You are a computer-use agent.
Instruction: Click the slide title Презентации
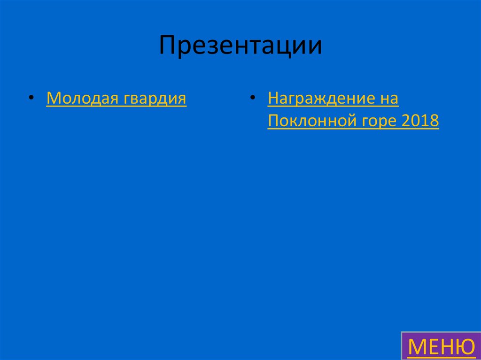pyautogui.click(x=240, y=46)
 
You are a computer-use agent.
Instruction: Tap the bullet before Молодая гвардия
pyautogui.click(x=31, y=97)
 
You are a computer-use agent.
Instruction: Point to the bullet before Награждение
pyautogui.click(x=253, y=97)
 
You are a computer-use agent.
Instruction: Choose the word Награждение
pyautogui.click(x=321, y=100)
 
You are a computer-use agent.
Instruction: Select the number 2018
pyautogui.click(x=420, y=122)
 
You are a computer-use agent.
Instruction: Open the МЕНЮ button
pyautogui.click(x=441, y=347)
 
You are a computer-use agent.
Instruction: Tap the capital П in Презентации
pyautogui.click(x=167, y=46)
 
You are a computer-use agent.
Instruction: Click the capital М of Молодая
pyautogui.click(x=53, y=99)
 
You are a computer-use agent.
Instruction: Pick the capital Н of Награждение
pyautogui.click(x=273, y=99)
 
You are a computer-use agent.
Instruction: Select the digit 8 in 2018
pyautogui.click(x=434, y=122)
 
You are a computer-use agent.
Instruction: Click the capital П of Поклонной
pyautogui.click(x=273, y=122)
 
